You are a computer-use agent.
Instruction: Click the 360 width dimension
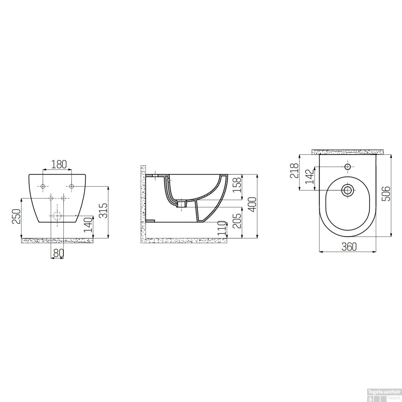(x=349, y=247)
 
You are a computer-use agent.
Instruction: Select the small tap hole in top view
(x=348, y=167)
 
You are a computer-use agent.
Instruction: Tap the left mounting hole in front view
(x=43, y=186)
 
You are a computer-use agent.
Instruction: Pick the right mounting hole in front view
(x=71, y=186)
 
